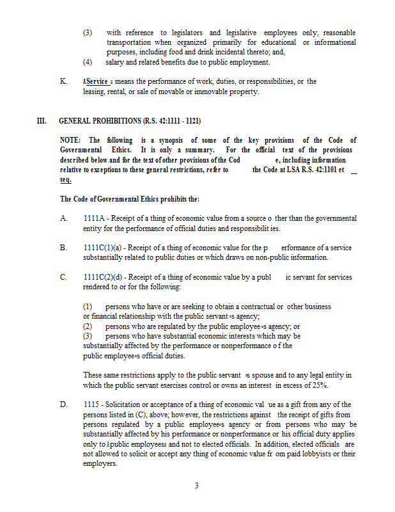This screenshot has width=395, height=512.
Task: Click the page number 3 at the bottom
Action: click(x=197, y=486)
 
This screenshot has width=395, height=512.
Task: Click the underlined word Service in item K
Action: click(x=97, y=82)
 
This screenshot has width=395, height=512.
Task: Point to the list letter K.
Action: click(x=63, y=82)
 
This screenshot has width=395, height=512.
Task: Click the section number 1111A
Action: click(x=93, y=219)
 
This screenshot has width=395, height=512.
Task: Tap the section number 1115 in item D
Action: click(x=91, y=404)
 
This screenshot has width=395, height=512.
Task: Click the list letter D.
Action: click(x=63, y=404)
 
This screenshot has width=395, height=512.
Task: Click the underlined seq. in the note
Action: click(x=66, y=179)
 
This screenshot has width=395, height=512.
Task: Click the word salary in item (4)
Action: click(x=117, y=62)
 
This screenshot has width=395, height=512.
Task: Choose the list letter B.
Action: click(x=63, y=248)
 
